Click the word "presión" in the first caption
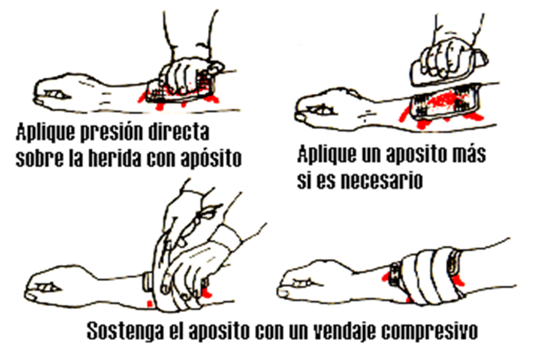(x=113, y=133)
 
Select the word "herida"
(x=116, y=158)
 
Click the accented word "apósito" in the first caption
(x=211, y=159)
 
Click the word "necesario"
(x=382, y=181)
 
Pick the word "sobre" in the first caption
(x=40, y=158)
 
